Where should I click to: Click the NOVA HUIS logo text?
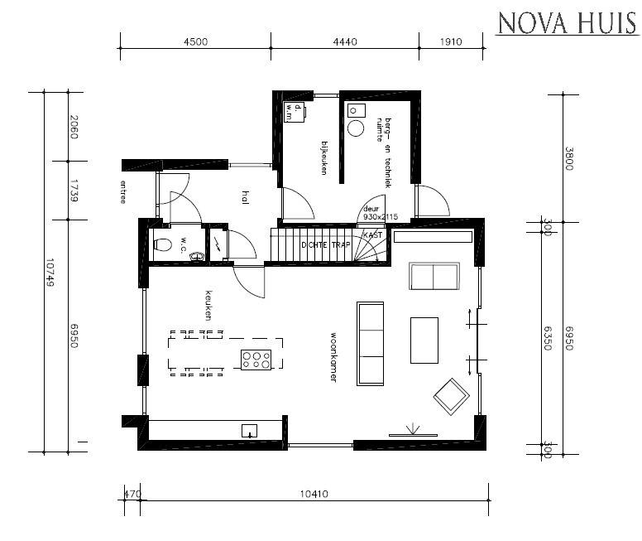(x=567, y=23)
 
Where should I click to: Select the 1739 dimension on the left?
(x=74, y=191)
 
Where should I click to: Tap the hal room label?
(x=245, y=196)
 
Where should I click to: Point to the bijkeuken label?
(x=324, y=158)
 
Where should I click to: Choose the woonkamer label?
(x=333, y=357)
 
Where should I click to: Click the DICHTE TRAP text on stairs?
(x=324, y=245)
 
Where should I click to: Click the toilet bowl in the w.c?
(x=163, y=244)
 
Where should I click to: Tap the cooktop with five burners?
(x=256, y=359)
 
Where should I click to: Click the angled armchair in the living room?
(x=451, y=396)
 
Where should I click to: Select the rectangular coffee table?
(x=424, y=340)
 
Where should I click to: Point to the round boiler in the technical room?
(x=357, y=128)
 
